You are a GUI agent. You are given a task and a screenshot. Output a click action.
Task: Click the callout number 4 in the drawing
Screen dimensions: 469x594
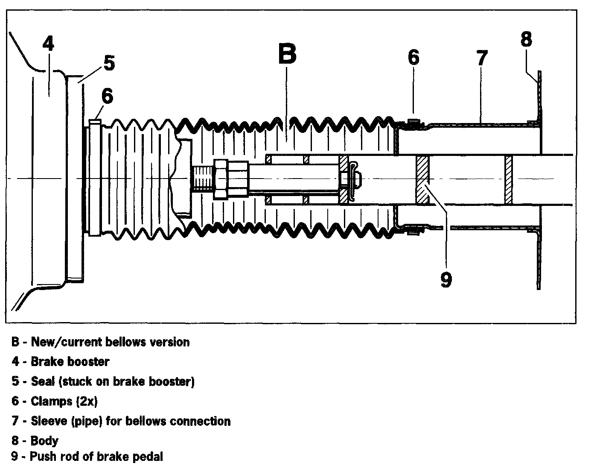(x=48, y=44)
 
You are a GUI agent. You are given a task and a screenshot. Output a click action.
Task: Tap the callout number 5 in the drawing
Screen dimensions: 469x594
(x=109, y=63)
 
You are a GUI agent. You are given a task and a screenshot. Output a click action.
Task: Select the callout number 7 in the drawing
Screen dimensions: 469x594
(x=481, y=58)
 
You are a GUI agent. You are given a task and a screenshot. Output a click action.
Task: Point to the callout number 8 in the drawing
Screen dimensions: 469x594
(x=526, y=39)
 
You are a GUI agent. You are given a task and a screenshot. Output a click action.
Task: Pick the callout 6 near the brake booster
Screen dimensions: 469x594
(x=107, y=96)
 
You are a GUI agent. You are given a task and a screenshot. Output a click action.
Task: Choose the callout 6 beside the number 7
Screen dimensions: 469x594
(x=413, y=57)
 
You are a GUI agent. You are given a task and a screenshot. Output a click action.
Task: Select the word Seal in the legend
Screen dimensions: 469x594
(x=43, y=381)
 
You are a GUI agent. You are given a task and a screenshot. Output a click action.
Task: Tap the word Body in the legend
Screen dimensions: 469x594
(x=44, y=440)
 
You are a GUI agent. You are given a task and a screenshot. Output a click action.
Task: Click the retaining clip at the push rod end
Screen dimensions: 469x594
(x=354, y=179)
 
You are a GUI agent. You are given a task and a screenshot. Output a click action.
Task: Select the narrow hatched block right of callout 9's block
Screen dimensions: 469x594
(x=508, y=179)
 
